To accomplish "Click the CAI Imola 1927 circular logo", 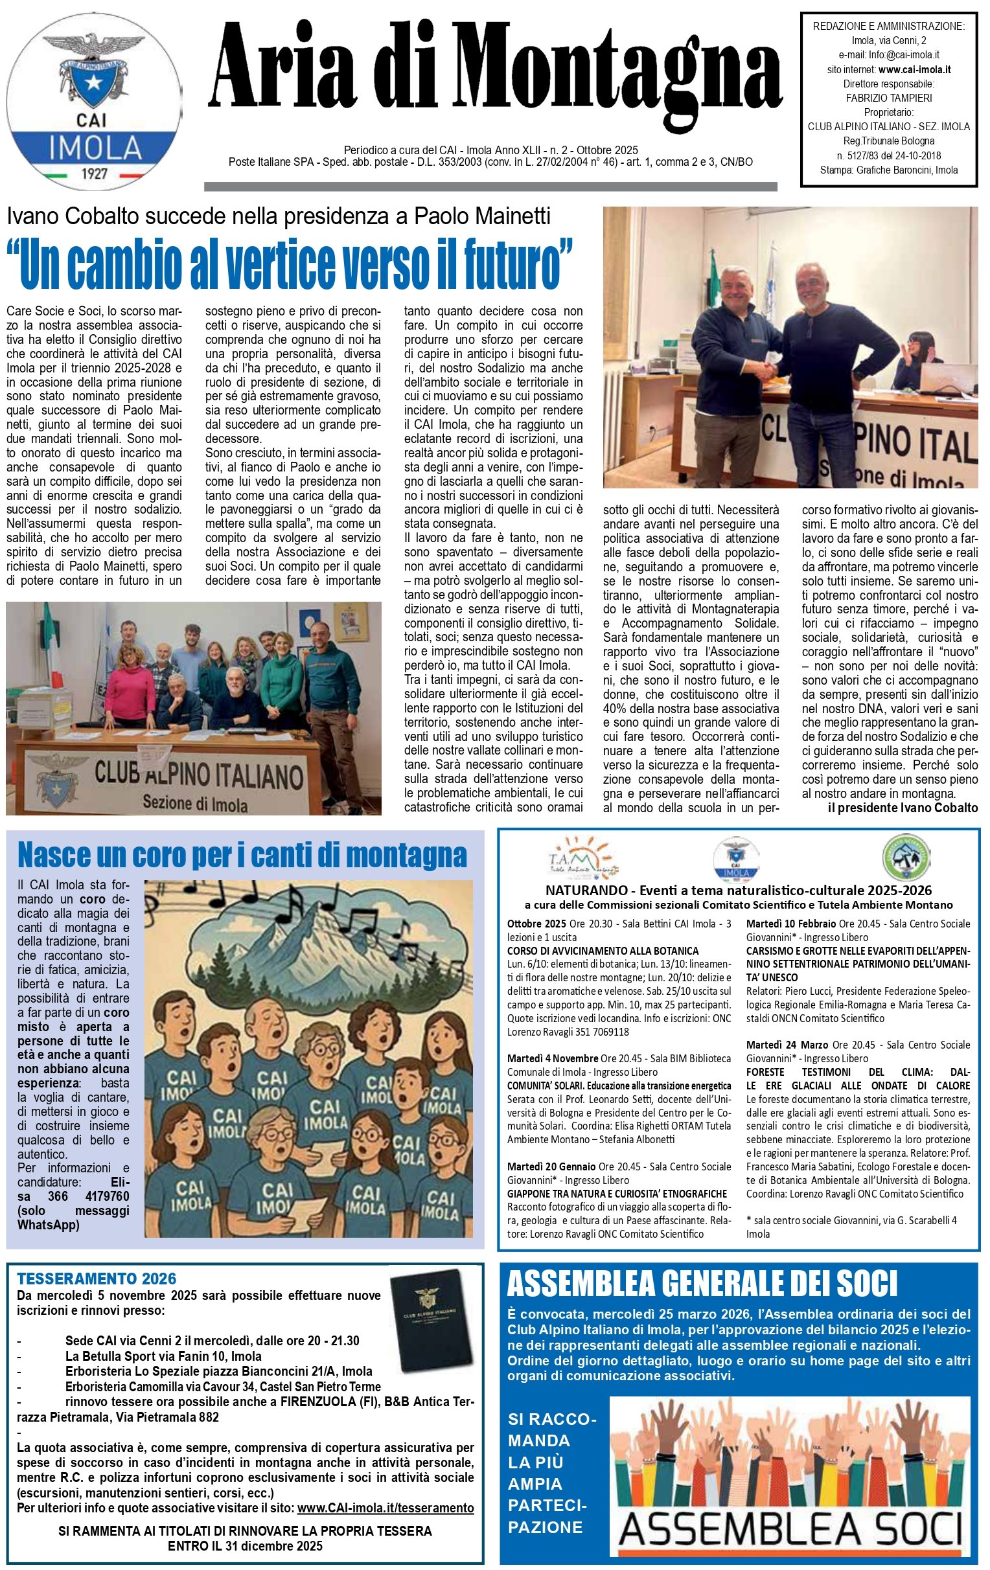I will [97, 98].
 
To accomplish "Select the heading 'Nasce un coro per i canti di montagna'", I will [242, 855].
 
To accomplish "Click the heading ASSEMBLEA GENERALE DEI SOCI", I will [702, 1285].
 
